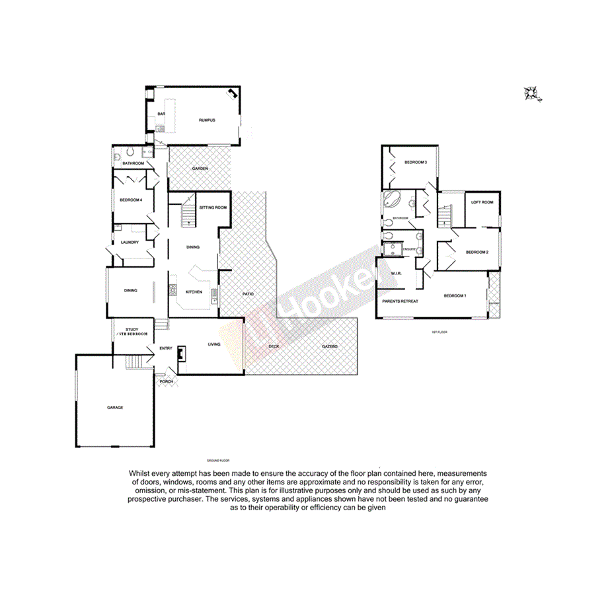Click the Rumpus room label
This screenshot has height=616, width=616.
tap(208, 120)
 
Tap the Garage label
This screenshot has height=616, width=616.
tap(115, 407)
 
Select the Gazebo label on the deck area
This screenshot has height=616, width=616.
tap(330, 346)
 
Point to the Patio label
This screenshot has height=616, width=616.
tap(248, 293)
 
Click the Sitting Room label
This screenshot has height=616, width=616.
tap(213, 208)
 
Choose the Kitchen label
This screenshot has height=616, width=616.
tap(193, 291)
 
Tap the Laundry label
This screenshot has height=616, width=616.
tap(130, 242)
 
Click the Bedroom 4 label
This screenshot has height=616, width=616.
tap(131, 200)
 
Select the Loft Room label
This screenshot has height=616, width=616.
tap(482, 202)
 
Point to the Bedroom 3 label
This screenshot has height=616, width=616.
tap(416, 162)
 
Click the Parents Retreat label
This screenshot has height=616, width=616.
tap(401, 301)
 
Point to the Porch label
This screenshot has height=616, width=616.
tap(167, 381)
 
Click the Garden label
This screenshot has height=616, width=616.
tap(200, 169)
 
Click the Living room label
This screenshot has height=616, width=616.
tap(213, 344)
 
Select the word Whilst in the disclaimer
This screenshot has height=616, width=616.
tap(141, 474)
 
